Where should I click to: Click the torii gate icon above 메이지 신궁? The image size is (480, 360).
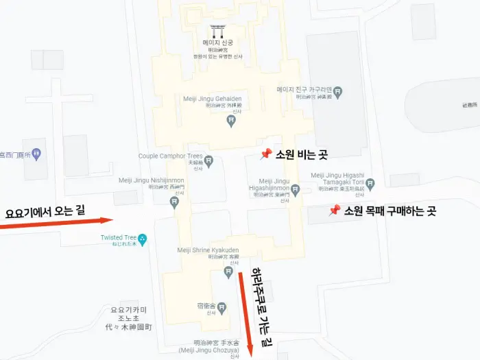tap(218, 32)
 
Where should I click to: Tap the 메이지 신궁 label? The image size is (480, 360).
tap(218, 43)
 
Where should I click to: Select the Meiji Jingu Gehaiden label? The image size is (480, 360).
tap(213, 99)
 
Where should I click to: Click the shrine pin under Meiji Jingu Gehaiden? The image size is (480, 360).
tap(232, 121)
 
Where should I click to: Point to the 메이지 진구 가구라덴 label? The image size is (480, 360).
tap(304, 90)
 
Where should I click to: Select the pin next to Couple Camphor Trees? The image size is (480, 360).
tap(209, 162)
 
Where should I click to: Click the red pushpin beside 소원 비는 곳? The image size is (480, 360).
tap(266, 154)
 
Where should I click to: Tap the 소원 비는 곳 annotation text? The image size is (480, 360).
tap(301, 155)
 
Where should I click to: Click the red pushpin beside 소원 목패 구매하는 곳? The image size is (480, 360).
tap(335, 211)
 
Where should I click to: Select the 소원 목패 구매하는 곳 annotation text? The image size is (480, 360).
tap(390, 211)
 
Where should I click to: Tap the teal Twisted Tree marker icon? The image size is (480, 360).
tap(143, 239)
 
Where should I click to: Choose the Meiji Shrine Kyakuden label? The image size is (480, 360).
tap(208, 250)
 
